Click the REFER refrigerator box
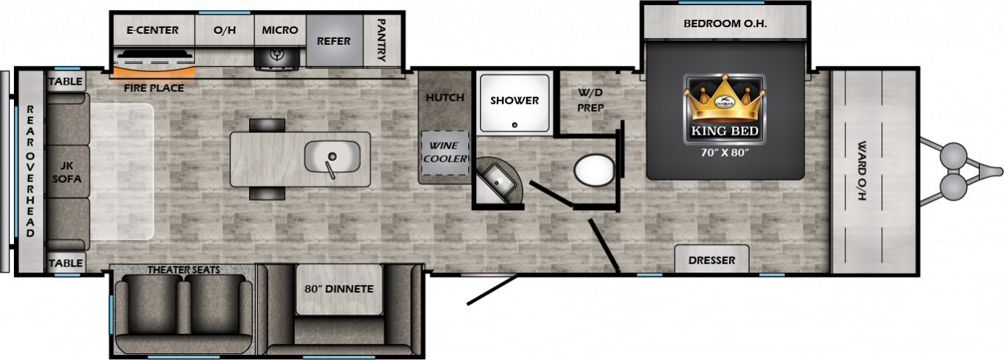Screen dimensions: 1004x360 (x=334, y=40)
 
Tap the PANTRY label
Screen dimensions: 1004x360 (x=381, y=40)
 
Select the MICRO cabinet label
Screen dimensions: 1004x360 (x=280, y=30)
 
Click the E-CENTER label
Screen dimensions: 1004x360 (x=153, y=30)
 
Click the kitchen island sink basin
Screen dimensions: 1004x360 (x=332, y=156)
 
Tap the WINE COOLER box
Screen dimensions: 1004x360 (x=445, y=153)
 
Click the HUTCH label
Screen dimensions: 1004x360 (x=445, y=98)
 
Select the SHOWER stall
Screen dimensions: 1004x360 (x=514, y=103)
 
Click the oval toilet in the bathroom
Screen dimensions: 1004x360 (x=594, y=170)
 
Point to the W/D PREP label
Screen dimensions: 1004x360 (x=590, y=101)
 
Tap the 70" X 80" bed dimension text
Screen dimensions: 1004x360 (x=725, y=153)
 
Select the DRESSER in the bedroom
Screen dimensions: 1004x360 (x=711, y=259)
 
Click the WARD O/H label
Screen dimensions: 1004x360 (x=861, y=170)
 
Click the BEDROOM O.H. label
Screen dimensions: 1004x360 (x=725, y=24)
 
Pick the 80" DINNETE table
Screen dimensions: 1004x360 (x=340, y=289)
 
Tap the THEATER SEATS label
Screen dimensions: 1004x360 (x=184, y=270)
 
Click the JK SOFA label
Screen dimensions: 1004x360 (x=67, y=173)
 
